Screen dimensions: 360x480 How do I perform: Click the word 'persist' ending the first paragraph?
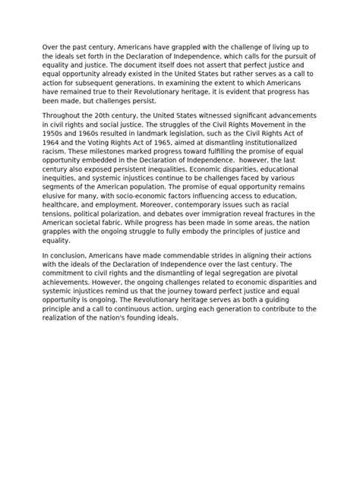[x=142, y=101]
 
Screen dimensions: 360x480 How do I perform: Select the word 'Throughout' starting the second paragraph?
[x=65, y=113]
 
